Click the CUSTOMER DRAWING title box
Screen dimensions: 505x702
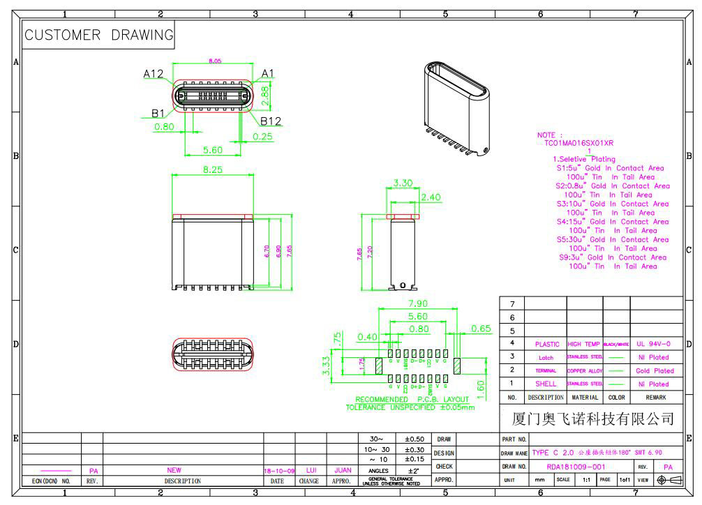click(x=98, y=35)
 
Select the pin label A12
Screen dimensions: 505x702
click(x=154, y=73)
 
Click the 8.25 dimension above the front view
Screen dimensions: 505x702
click(x=212, y=169)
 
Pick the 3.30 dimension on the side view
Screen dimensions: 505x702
click(x=403, y=183)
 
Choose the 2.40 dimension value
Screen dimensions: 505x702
click(x=431, y=197)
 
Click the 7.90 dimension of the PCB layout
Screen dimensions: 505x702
click(x=418, y=304)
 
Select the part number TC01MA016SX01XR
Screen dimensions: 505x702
click(x=579, y=143)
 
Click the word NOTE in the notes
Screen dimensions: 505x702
click(x=547, y=135)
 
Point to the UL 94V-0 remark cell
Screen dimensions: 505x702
click(x=654, y=344)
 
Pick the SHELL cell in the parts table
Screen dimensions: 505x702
click(x=546, y=384)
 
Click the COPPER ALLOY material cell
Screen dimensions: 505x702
click(x=585, y=371)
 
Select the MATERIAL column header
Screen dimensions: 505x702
click(x=585, y=397)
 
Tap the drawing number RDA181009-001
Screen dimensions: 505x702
click(x=576, y=467)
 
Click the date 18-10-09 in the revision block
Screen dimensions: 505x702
click(x=279, y=471)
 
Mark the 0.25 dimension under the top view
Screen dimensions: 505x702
click(x=263, y=136)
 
